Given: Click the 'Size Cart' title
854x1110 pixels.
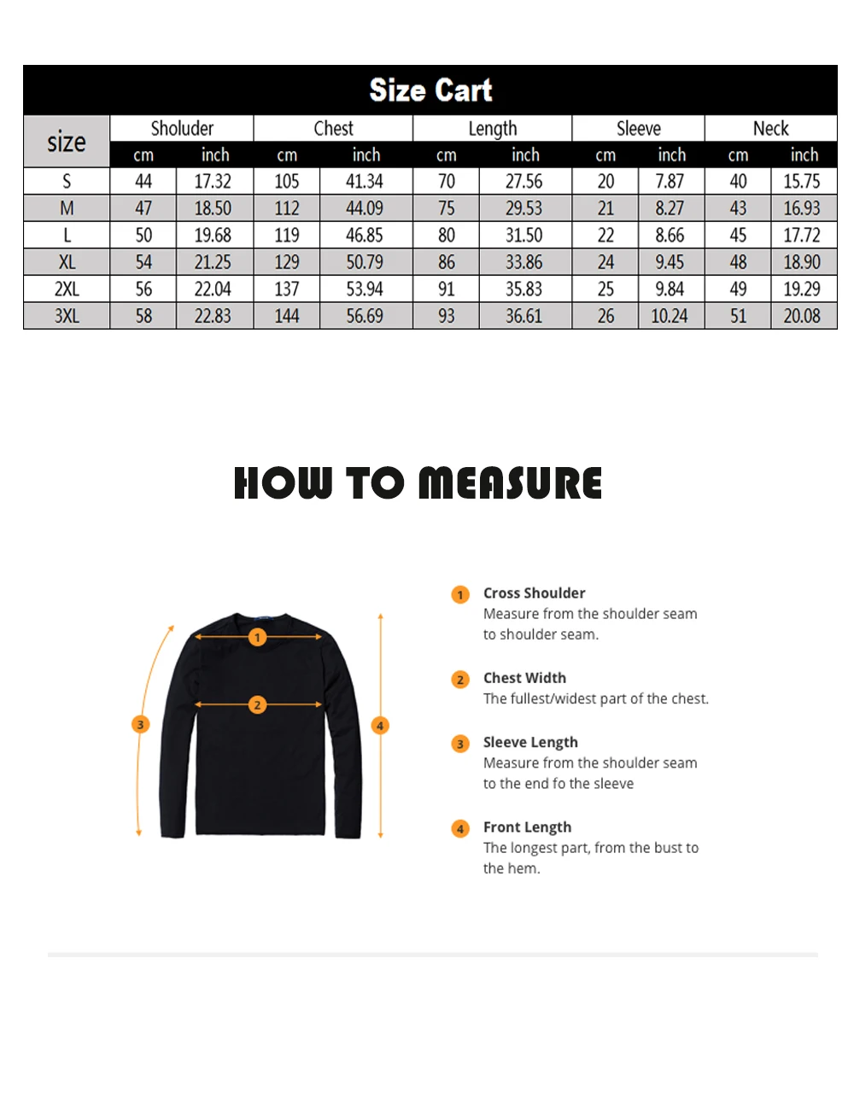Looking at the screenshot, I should [430, 90].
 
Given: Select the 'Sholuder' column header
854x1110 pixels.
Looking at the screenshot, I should [182, 128].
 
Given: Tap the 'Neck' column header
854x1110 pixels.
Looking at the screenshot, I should [770, 128].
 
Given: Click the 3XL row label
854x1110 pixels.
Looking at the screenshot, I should [67, 316].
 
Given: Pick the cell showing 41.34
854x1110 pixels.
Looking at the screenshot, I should [365, 181].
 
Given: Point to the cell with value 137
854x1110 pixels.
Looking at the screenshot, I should [287, 289].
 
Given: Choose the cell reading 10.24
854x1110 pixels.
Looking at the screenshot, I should [670, 316].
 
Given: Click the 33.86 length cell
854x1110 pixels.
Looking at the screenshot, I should [524, 262].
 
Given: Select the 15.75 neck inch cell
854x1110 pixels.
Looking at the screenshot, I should [802, 181].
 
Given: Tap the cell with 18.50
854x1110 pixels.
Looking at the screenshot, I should [213, 208].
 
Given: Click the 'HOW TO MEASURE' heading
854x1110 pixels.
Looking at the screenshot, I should [418, 482].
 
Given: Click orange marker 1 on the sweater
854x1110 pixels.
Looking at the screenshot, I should [257, 637].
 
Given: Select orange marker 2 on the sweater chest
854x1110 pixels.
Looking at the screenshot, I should [257, 704].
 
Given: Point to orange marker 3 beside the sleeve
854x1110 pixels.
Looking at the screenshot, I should [141, 724].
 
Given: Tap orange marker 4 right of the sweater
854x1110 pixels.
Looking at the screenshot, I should [381, 726].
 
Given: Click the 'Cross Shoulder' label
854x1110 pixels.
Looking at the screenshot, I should [534, 593].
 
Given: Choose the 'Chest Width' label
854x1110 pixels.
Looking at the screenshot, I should [524, 678].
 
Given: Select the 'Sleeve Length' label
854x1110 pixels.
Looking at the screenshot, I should [530, 742].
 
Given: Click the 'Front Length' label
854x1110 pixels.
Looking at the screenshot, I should [527, 827].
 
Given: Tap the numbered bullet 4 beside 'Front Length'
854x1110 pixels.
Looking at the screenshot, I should [460, 828].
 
